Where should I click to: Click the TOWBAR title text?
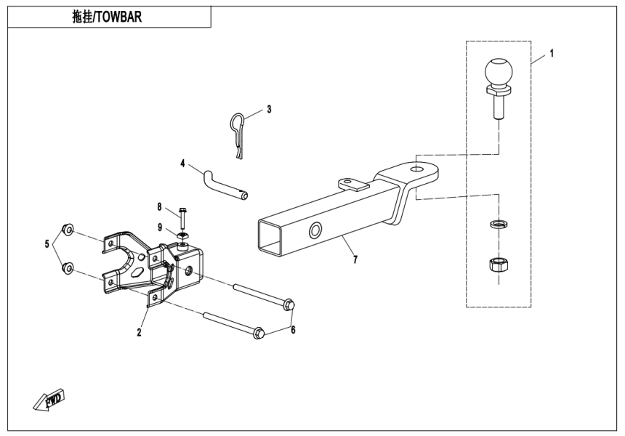point(107,17)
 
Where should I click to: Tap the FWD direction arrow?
point(51,399)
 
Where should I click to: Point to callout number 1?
point(552,53)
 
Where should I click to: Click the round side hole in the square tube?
point(317,231)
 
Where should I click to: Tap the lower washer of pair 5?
point(67,268)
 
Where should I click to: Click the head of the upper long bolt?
point(288,303)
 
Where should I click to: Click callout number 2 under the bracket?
point(139,334)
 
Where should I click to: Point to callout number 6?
point(293,330)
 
